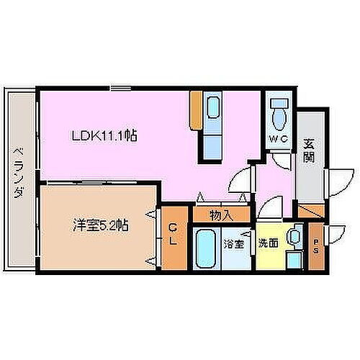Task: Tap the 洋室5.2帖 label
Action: point(101,225)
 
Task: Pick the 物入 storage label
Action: point(220,214)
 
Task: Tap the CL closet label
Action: point(174,235)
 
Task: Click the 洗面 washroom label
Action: point(269,243)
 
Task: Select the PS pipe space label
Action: point(317,246)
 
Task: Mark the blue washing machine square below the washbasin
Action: point(292,260)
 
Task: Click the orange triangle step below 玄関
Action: point(311,211)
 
